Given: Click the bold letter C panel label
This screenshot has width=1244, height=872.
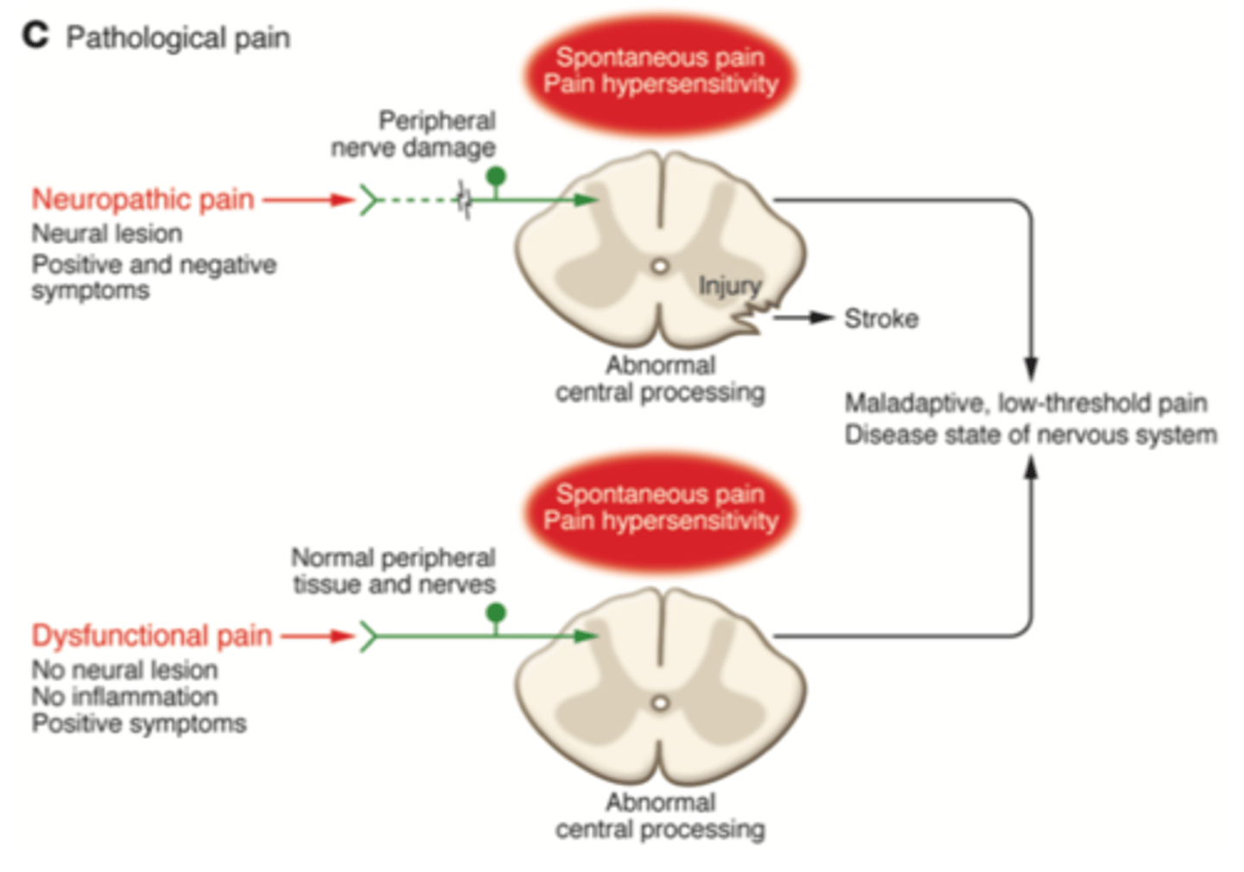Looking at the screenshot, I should (x=35, y=35).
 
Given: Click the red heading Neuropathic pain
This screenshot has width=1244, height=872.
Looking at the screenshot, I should (x=143, y=199).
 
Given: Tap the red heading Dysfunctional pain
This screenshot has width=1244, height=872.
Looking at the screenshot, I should (x=152, y=636).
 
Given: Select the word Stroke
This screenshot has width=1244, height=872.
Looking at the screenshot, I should (x=880, y=319).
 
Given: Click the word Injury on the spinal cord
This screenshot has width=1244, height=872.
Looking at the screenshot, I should (x=729, y=286).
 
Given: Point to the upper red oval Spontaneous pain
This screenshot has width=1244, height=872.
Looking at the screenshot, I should (x=660, y=71).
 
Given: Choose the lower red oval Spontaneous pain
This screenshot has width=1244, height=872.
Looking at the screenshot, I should (x=660, y=508).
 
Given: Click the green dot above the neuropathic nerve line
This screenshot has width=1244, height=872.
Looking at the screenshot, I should (x=496, y=176).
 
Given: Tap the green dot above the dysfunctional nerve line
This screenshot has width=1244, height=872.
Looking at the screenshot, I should (x=496, y=613).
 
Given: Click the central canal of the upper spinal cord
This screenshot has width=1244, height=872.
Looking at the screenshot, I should (x=661, y=267).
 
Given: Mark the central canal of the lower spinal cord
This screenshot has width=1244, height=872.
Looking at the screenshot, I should (x=661, y=704).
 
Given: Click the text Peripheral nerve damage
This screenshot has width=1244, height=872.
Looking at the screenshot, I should (x=415, y=134).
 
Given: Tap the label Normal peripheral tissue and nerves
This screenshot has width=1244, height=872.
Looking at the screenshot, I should (x=394, y=571).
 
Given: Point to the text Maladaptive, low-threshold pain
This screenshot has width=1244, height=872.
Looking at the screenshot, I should (x=1025, y=403).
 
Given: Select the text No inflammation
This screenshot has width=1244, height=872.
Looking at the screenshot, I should (x=124, y=697).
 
